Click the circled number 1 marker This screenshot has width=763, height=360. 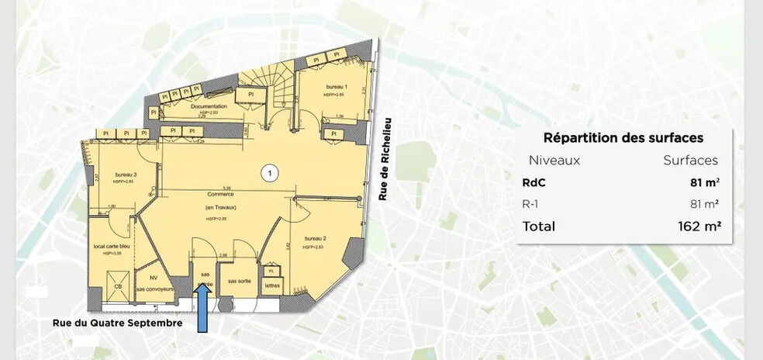(269, 173)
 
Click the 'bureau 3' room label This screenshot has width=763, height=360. (126, 175)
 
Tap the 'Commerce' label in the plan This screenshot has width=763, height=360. (220, 195)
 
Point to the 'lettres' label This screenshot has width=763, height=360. (272, 286)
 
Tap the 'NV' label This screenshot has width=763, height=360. (153, 276)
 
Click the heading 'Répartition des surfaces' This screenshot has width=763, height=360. (623, 138)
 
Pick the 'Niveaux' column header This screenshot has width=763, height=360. (554, 161)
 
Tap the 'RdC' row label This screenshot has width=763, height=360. (534, 183)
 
